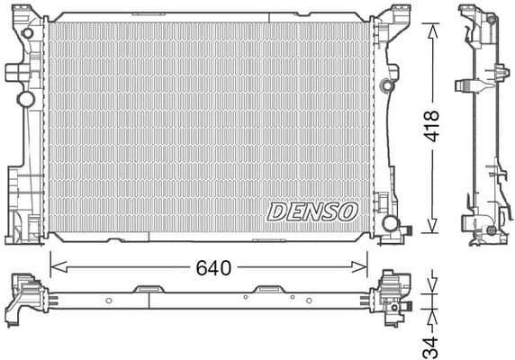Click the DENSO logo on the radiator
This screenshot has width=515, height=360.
click(312, 211)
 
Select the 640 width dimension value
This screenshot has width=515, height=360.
click(214, 267)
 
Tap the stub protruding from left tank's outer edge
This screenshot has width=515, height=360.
click(12, 71)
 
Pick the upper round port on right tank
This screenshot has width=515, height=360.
click(387, 86)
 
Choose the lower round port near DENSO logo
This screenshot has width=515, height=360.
click(391, 222)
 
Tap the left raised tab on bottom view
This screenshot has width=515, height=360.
click(145, 290)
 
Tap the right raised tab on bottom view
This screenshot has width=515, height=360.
click(267, 290)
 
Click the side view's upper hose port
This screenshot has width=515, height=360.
click(466, 85)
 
